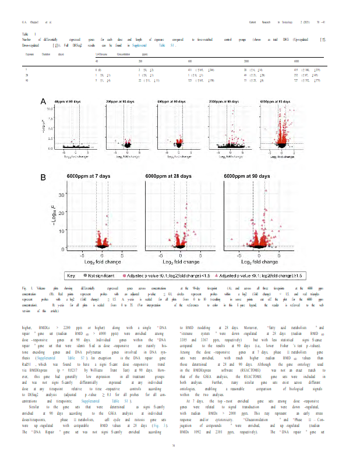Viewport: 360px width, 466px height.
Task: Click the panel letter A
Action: pos(43,102)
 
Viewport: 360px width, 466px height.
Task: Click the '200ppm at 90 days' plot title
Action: pos(122,101)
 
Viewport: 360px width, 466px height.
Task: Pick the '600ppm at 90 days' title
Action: pos(174,101)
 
